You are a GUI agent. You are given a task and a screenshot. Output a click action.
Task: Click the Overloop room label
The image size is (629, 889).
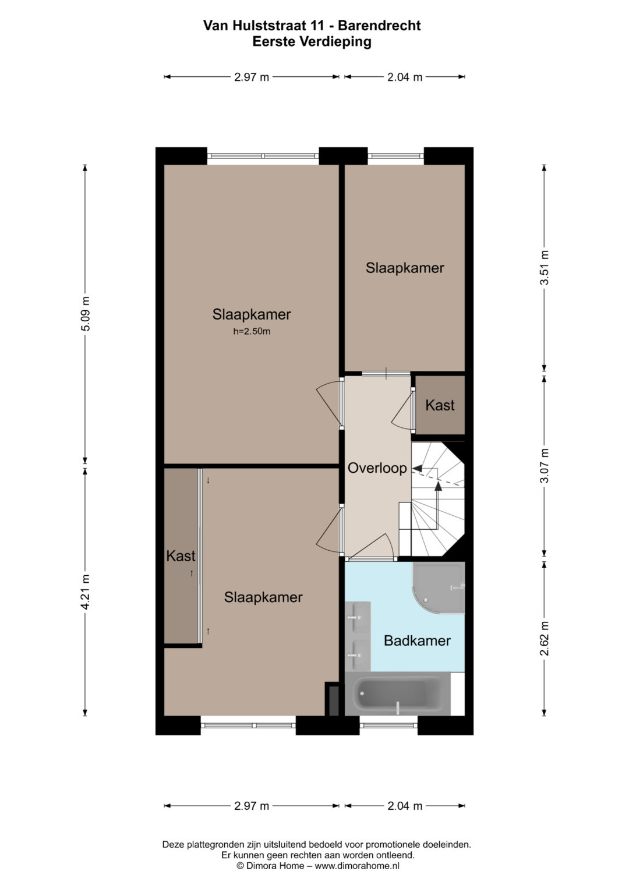pos(377,468)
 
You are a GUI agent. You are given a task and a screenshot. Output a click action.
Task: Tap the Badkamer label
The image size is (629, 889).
pos(417,640)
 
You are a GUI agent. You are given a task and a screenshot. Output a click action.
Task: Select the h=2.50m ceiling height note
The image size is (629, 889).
pos(252,331)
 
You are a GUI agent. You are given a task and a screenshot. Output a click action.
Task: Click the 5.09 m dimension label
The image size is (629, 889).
pos(86,313)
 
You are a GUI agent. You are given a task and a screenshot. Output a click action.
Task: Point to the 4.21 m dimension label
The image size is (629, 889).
pos(86,592)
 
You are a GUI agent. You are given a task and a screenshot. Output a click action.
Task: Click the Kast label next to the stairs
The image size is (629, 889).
pos(440,405)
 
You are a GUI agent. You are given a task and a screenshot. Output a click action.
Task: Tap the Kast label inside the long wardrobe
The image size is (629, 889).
pos(181,556)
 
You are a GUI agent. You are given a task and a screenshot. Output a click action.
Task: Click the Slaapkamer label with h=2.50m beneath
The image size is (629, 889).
pos(252,314)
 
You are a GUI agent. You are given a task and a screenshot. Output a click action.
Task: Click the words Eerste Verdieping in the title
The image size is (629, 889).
pos(312,41)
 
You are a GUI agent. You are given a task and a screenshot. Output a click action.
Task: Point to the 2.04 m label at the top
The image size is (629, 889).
pos(405,77)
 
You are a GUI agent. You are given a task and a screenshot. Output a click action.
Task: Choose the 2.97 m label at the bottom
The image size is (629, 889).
pos(252,806)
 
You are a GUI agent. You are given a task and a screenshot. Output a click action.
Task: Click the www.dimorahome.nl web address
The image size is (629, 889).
pos(357,866)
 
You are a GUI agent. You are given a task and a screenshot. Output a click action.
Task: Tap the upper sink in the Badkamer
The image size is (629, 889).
pos(358,618)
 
